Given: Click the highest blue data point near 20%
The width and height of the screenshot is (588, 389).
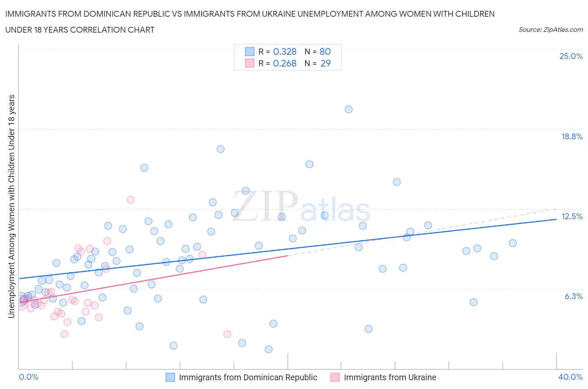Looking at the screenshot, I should pos(348,109).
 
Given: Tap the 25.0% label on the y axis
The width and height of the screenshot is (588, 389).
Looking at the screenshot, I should pos(571,56).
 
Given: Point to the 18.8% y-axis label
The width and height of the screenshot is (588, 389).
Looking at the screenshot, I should pos(572,137).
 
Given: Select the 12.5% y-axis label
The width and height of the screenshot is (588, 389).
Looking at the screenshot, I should pos(572,217).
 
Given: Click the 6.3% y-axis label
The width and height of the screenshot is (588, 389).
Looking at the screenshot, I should pos(573,297).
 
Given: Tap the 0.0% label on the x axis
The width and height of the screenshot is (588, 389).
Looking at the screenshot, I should pos(28,377).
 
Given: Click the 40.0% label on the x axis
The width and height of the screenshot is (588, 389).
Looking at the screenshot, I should pos(570,377).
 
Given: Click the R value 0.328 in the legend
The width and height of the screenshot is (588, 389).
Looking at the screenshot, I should pos(284,51).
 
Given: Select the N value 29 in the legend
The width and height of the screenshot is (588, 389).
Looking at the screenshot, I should pos(325,63).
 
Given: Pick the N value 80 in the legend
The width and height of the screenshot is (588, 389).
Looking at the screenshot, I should pos(325,51).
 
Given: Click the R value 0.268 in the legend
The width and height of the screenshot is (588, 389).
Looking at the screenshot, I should pos(284,63).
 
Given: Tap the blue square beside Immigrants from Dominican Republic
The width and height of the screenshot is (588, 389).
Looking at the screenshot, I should pos(170,377).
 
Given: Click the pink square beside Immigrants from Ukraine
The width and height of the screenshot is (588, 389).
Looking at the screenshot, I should pos(335,377).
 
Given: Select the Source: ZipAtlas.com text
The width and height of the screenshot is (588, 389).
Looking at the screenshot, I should pos(550,30).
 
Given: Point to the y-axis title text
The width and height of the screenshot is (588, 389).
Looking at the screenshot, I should pos(11,206).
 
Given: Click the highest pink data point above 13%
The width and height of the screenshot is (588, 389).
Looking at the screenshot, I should pos(130,200).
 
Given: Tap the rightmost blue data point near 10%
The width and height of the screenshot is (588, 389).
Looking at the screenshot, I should pos(513,243).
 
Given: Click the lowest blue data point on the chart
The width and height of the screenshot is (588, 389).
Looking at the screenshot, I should pos(268,349).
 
